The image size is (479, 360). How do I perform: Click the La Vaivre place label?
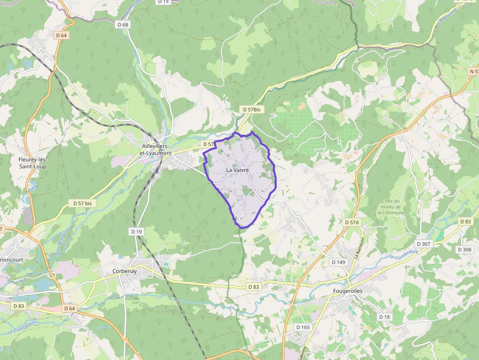(x=238, y=169)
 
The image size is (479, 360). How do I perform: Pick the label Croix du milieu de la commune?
(x=391, y=207)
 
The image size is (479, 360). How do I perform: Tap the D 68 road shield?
(x=123, y=24)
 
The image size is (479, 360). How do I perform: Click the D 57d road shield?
(x=351, y=222)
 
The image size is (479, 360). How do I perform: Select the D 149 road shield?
(x=338, y=262)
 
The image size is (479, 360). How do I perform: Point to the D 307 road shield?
(x=423, y=244)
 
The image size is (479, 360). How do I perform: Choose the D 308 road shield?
(x=464, y=250)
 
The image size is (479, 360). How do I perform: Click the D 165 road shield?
(x=303, y=327)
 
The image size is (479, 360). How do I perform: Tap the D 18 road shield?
(x=385, y=317)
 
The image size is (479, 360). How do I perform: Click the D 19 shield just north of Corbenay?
(x=136, y=231)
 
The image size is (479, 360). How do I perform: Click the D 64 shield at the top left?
(x=61, y=35)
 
